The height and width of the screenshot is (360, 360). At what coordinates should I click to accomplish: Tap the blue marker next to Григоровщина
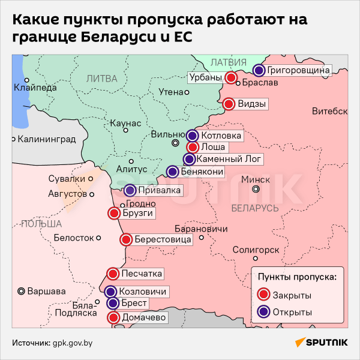[259, 70]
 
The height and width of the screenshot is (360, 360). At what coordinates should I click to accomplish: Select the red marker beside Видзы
[229, 104]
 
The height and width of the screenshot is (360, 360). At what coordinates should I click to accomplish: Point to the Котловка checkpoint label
[221, 136]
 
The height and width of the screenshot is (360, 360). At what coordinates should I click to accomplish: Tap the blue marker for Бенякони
[173, 172]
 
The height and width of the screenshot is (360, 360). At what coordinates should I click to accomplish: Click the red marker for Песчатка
[113, 274]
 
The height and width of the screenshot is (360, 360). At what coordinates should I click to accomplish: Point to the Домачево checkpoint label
[144, 317]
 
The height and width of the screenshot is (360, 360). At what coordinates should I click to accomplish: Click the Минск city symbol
[256, 189]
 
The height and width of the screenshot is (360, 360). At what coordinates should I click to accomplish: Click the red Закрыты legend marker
[263, 295]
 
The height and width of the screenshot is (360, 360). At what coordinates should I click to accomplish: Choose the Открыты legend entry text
[292, 312]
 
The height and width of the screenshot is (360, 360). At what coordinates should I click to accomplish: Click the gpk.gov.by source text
[73, 343]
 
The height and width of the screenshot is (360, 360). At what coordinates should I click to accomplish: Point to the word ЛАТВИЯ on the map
[230, 62]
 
